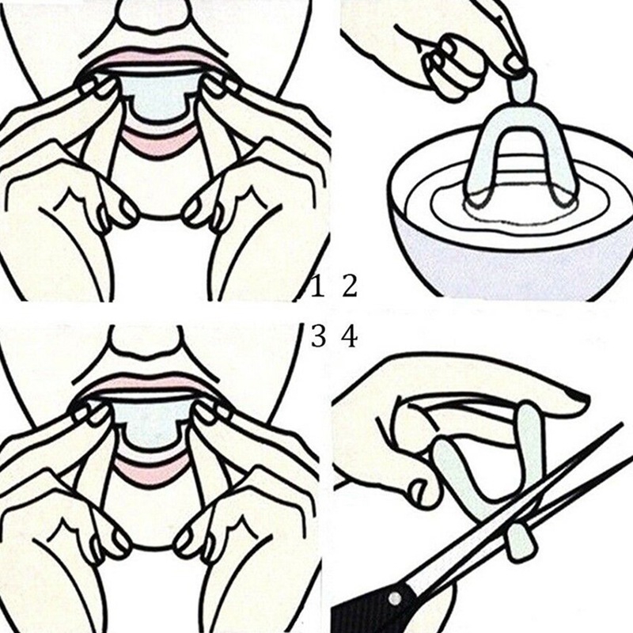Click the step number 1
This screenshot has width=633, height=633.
pos(317,286)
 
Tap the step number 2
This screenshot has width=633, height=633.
pos(350,286)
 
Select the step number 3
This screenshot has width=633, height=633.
pos(318,337)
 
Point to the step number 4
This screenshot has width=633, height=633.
pos(350,337)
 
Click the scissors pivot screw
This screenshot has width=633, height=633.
pos(395,598)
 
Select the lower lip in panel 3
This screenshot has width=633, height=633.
pos(151,468)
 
